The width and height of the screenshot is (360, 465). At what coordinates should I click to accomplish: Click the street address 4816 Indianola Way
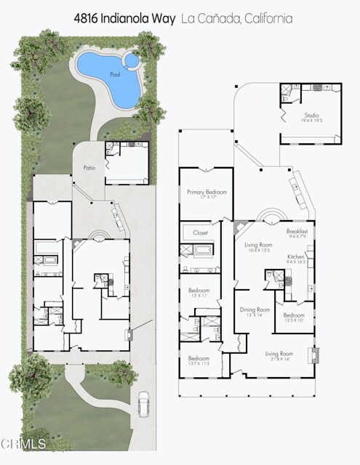point(124,19)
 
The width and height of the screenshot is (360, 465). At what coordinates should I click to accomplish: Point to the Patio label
point(89,168)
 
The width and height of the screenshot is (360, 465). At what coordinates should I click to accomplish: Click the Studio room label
point(312,115)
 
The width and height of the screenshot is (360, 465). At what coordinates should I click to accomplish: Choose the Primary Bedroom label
point(207,192)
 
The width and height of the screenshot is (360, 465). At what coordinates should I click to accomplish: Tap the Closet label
point(200,232)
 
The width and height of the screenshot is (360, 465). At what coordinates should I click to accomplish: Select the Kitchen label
point(295,257)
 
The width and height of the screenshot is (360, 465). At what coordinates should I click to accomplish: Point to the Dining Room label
point(255,310)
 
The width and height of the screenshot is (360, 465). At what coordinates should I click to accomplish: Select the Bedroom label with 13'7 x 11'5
point(199,358)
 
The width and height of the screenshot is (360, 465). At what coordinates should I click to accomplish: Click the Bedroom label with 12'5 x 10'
point(293,315)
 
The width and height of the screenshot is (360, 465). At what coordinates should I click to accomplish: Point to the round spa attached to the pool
point(132,57)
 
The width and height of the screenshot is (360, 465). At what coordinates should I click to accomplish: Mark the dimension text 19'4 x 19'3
point(312,121)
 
